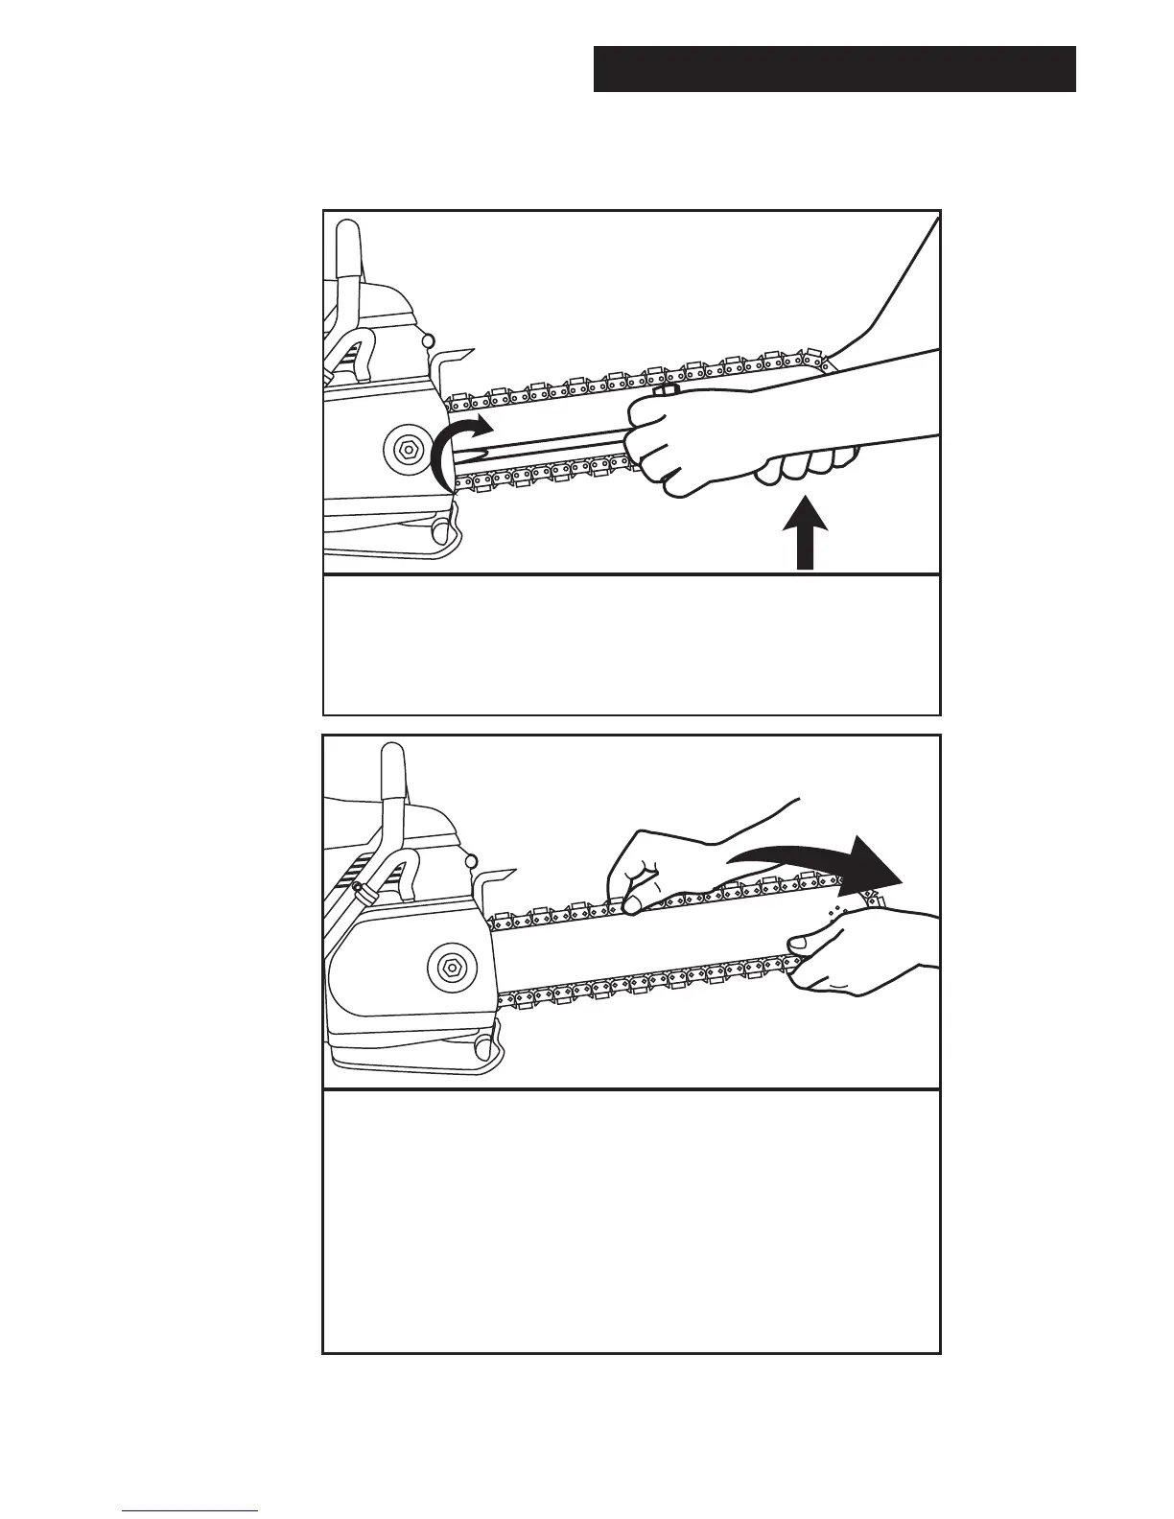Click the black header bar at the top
point(834,69)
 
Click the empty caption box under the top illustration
point(631,645)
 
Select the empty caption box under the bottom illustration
point(631,1221)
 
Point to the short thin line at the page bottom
point(190,1511)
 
